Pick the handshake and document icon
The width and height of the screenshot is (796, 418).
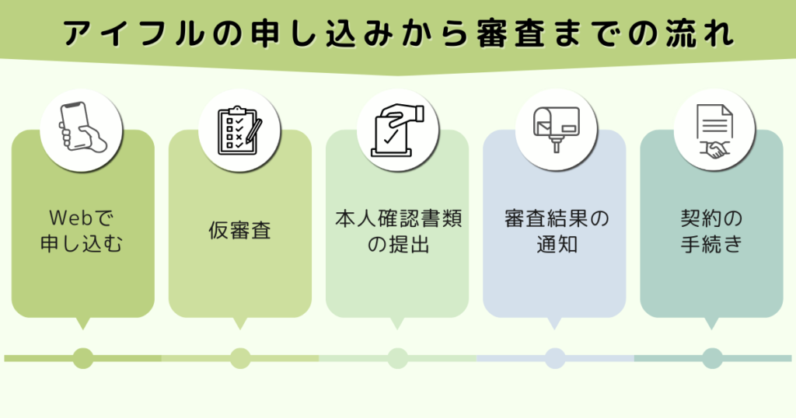(x=712, y=129)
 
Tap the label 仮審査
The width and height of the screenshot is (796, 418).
(x=239, y=231)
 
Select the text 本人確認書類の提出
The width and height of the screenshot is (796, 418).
(x=397, y=232)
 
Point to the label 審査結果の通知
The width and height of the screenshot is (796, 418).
(x=554, y=232)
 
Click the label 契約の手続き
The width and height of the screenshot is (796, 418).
(x=711, y=232)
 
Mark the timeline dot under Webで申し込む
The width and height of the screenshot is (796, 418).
(x=82, y=358)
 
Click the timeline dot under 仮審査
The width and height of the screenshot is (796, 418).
(x=240, y=358)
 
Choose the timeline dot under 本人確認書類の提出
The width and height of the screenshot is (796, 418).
(x=397, y=358)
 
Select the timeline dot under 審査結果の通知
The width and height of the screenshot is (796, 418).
(x=554, y=358)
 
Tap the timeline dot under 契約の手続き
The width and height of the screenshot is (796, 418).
(x=712, y=358)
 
